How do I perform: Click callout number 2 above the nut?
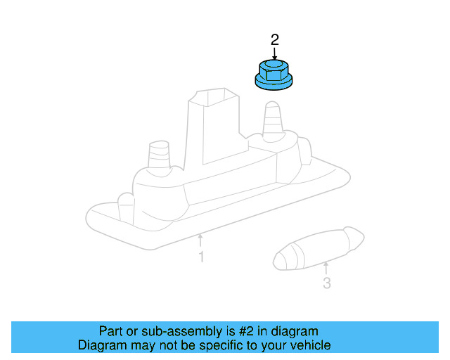point(274,39)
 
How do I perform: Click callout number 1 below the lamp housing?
point(201,257)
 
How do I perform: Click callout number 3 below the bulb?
point(326,283)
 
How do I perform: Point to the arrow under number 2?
point(274,53)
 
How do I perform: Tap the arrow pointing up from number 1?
point(201,240)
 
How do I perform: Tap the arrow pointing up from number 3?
point(326,267)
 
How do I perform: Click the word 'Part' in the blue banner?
point(111,331)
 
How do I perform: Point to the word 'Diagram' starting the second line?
point(102,345)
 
